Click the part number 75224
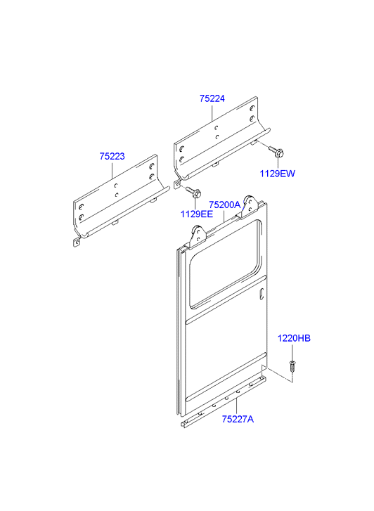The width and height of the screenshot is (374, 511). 212,98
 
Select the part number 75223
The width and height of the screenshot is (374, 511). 112,157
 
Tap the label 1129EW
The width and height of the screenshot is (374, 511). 277,174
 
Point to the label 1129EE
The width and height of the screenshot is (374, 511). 197,214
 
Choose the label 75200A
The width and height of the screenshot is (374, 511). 225,205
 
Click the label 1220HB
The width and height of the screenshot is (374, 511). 294,338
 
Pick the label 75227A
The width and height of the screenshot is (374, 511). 238,419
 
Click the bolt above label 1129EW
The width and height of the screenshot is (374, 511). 276,152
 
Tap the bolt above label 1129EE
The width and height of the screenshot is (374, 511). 194,192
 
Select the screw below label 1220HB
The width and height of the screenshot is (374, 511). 292,366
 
